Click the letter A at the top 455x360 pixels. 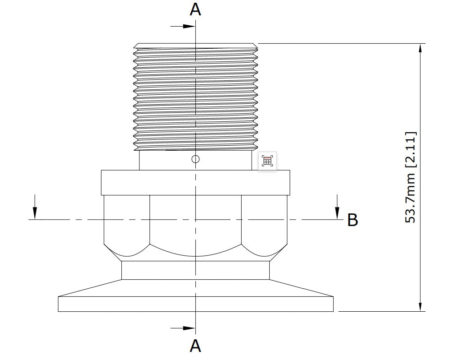195,9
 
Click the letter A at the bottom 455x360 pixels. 195,346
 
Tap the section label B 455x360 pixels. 353,220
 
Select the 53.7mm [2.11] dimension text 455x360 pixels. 411,177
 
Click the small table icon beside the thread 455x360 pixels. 267,161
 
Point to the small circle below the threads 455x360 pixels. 195,159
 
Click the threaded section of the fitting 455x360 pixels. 195,97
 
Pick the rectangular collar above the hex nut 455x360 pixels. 195,182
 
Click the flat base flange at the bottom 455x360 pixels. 195,304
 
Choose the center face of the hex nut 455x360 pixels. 195,226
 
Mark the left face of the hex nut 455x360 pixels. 127,221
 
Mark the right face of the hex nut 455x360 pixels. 264,221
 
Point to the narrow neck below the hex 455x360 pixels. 195,270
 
